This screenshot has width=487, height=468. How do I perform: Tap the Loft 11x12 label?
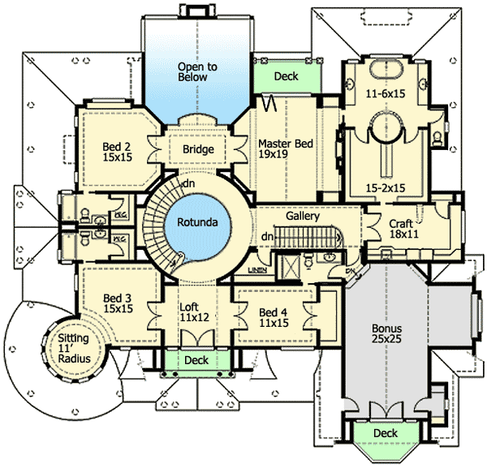[x=193, y=312]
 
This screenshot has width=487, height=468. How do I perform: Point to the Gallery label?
[x=302, y=217]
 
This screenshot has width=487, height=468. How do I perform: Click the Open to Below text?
[x=193, y=71]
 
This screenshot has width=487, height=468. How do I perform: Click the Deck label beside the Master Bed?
[x=286, y=77]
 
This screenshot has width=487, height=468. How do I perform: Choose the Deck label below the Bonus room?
[x=385, y=434]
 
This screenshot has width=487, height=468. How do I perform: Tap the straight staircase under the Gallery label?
[x=304, y=237]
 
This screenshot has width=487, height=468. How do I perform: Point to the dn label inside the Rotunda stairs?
[x=187, y=184]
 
